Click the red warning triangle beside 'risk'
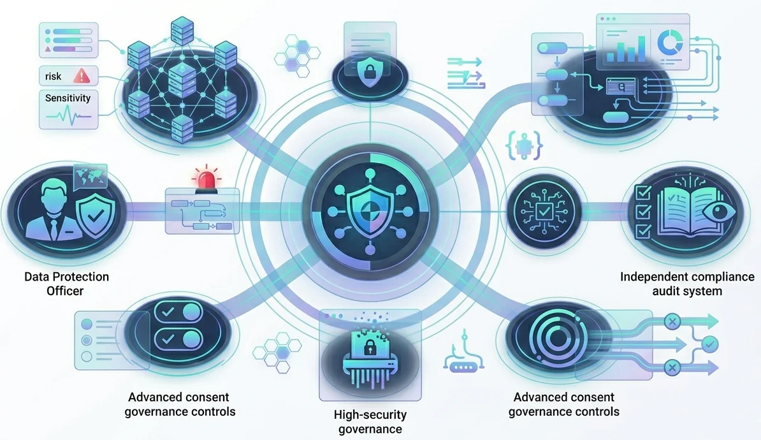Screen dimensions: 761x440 (82, 76)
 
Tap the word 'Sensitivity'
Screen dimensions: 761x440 (68, 98)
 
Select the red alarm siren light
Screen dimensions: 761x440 (207, 179)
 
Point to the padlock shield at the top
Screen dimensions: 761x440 (369, 73)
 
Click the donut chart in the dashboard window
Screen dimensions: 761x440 (670, 42)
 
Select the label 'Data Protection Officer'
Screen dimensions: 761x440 (66, 284)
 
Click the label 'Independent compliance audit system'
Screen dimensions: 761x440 (687, 284)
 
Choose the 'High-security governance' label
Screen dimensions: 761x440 (370, 422)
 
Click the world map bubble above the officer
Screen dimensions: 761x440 (90, 177)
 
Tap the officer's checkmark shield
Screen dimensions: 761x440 (97, 215)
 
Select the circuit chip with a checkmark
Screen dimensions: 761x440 (544, 212)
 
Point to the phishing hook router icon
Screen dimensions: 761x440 (464, 355)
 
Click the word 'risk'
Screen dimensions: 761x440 (53, 77)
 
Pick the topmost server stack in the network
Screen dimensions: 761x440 (182, 31)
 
